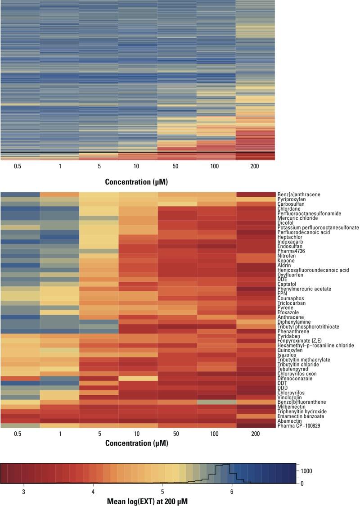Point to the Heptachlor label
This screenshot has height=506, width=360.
(289, 237)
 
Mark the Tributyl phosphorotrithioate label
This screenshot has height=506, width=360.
(308, 326)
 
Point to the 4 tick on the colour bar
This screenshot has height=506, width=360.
(93, 492)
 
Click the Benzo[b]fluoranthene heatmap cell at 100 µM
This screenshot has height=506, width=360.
(216, 402)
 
